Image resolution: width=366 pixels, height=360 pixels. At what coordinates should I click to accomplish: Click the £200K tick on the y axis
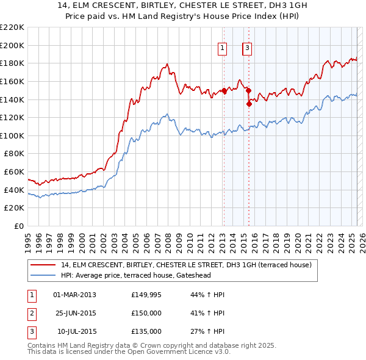pyautogui.click(x=12, y=45)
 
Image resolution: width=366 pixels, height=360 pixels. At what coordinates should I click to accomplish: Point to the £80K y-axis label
pyautogui.click(x=14, y=154)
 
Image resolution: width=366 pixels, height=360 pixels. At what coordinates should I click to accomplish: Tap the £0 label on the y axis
pyautogui.click(x=18, y=226)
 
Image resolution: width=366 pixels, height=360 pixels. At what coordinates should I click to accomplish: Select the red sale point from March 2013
pyautogui.click(x=224, y=90)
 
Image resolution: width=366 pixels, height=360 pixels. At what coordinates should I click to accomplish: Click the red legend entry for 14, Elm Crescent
pyautogui.click(x=186, y=265)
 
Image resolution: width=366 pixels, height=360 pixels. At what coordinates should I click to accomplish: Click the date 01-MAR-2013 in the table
pyautogui.click(x=75, y=295)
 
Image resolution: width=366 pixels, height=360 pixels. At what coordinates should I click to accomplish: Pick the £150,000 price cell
pyautogui.click(x=146, y=313)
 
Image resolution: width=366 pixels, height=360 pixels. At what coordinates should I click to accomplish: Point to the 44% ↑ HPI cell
pyautogui.click(x=207, y=295)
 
